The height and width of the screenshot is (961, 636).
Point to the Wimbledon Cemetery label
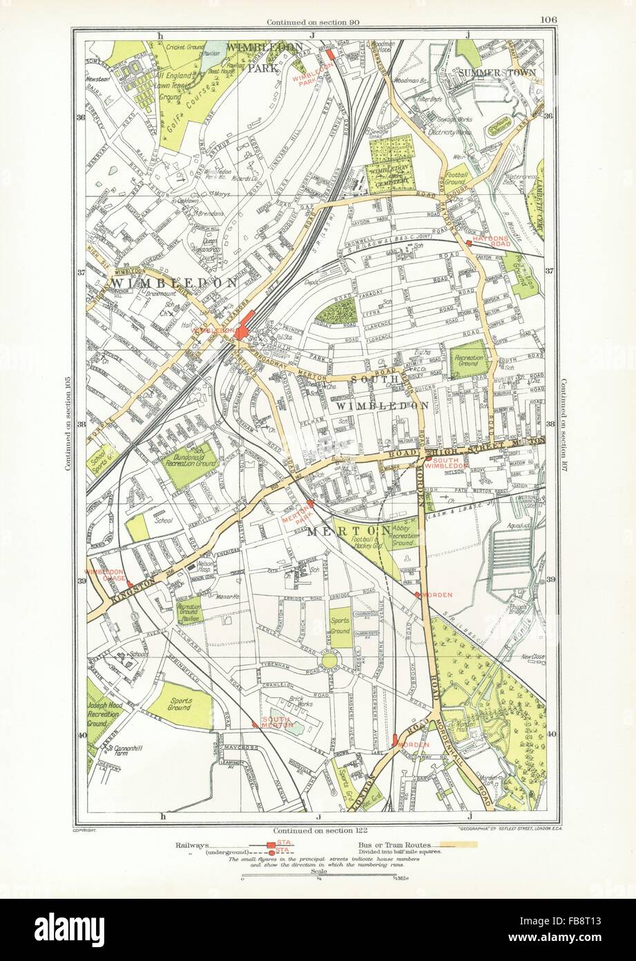tap(391, 171)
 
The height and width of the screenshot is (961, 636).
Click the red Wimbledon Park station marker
tap(330, 54)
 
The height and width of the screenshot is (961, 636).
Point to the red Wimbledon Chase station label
tap(104, 576)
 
